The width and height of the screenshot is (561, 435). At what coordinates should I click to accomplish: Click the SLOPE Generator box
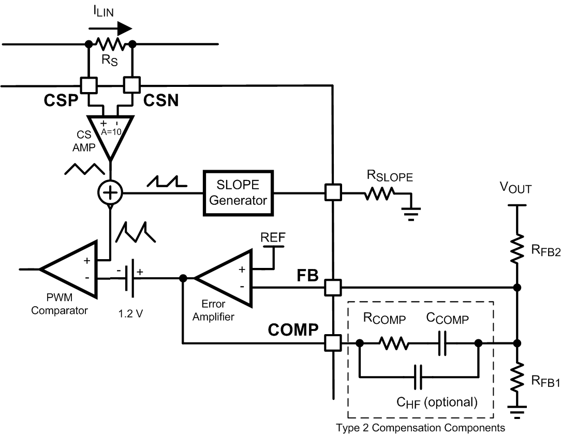[239, 193]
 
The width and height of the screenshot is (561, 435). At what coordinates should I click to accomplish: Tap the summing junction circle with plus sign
[110, 193]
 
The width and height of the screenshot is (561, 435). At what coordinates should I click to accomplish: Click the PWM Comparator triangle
[73, 269]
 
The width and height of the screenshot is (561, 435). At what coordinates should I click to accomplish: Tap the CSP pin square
[88, 84]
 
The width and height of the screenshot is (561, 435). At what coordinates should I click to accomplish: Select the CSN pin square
[132, 84]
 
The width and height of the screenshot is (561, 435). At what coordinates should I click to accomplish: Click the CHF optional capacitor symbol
[419, 376]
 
